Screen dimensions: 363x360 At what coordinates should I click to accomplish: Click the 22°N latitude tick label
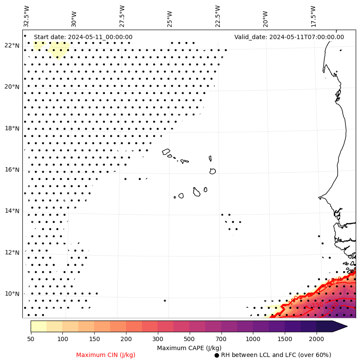pyautogui.click(x=12, y=46)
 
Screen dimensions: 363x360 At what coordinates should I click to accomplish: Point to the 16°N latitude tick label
pyautogui.click(x=12, y=170)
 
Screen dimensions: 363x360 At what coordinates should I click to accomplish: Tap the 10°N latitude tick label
pyautogui.click(x=12, y=294)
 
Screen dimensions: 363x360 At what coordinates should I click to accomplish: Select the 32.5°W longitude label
pyautogui.click(x=27, y=16)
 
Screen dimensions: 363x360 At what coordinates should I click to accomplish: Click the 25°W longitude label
pyautogui.click(x=169, y=18)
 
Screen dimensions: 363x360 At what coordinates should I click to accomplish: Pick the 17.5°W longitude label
pyautogui.click(x=313, y=16)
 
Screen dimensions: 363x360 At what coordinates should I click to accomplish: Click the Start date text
pyautogui.click(x=83, y=37)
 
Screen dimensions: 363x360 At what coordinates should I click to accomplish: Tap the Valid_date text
pyautogui.click(x=289, y=37)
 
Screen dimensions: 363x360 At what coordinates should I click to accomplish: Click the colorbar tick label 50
pyautogui.click(x=31, y=339)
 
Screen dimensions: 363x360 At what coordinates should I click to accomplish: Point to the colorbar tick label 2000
pyautogui.click(x=316, y=339)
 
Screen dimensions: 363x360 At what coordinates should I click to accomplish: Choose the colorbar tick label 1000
pyautogui.click(x=253, y=339)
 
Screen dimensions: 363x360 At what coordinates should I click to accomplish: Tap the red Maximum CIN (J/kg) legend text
pyautogui.click(x=105, y=355)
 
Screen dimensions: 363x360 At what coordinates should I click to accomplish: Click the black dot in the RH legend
pyautogui.click(x=217, y=355)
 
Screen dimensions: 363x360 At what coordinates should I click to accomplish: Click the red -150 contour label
pyautogui.click(x=317, y=305)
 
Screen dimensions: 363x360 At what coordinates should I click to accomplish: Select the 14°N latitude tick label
pyautogui.click(x=12, y=211)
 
